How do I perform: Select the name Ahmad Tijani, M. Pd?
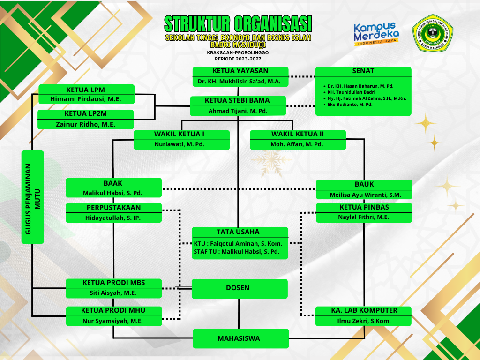[x=238, y=111]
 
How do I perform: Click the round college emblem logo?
[x=433, y=36]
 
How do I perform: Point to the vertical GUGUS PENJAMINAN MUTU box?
[x=33, y=197]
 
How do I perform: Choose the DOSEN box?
[x=240, y=288]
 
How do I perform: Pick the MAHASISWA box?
[x=240, y=338]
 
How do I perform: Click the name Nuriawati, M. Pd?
[x=181, y=144]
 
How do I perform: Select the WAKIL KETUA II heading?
[x=298, y=134]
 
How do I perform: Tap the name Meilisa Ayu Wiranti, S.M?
[x=364, y=195]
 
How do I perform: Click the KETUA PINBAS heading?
[x=364, y=207]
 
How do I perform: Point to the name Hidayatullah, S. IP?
[x=113, y=217]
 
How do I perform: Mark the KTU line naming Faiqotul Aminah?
[x=238, y=244]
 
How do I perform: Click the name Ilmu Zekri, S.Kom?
[x=364, y=321]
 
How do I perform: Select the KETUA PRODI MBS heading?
[x=113, y=283]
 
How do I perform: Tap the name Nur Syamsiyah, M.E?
[x=113, y=321]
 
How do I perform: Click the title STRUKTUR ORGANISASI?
[x=238, y=23]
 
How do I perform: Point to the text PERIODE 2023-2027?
[x=238, y=59]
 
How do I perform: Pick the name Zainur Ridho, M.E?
[x=85, y=124]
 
